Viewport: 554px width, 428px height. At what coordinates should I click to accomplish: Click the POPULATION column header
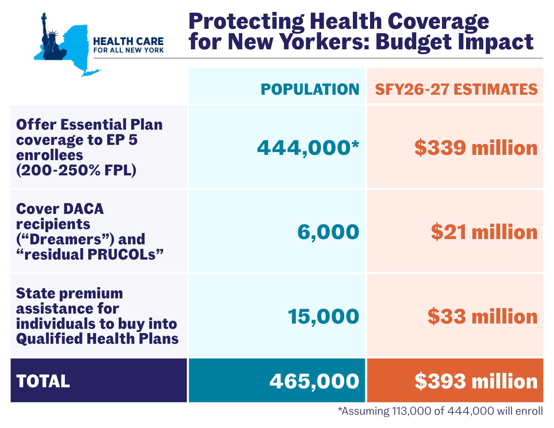310,89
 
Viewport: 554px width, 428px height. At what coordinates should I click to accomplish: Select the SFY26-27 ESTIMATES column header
456,89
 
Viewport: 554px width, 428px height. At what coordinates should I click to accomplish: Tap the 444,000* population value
308,148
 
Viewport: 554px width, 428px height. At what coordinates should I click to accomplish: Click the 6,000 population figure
328,232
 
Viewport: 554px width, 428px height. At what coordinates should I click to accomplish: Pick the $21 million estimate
484,232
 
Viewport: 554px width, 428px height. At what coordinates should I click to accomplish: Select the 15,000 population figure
323,316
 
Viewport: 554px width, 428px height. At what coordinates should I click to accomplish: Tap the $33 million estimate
482,316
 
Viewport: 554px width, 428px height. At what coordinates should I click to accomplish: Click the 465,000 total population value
314,381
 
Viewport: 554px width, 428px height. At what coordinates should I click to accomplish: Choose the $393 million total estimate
476,381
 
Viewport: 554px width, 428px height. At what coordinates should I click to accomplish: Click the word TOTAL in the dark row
43,381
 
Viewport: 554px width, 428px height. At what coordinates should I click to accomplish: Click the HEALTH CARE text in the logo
128,42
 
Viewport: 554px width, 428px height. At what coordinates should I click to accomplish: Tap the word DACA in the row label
83,209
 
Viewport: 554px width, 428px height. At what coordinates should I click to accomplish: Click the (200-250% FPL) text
76,170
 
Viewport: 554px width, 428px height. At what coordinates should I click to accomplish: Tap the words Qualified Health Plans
97,339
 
